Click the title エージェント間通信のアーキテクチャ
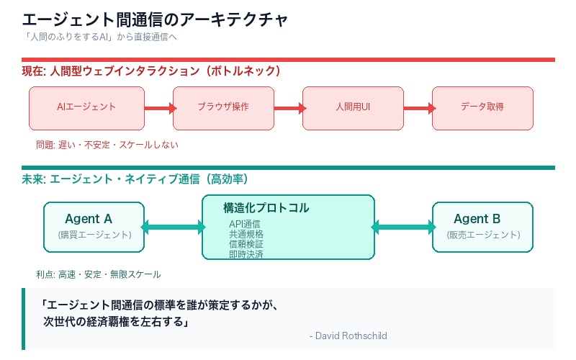tap(155, 19)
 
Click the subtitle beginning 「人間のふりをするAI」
tap(100, 37)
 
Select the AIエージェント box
tap(86, 107)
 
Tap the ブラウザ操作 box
tap(223, 107)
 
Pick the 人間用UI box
tap(353, 107)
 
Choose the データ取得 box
tap(482, 107)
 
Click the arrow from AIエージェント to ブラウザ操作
tap(159, 108)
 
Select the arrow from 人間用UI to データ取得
tap(418, 108)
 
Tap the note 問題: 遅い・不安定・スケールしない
tap(107, 145)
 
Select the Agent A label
tap(89, 219)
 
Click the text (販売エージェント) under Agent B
tap(482, 235)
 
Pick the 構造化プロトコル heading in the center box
tap(266, 208)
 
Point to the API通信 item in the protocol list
tap(245, 224)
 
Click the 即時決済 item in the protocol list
tap(246, 254)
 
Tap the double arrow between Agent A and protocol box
tap(173, 228)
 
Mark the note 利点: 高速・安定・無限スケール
tap(99, 274)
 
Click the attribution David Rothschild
tap(348, 336)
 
